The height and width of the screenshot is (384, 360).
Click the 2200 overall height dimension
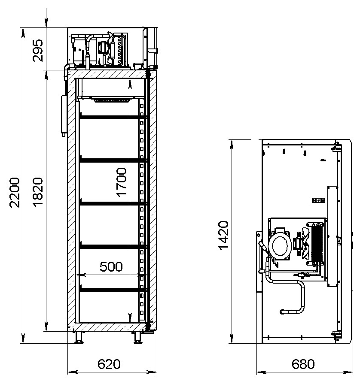(x=15, y=193)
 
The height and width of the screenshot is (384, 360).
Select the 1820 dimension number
(x=38, y=193)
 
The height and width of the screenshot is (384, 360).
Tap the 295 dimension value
(x=38, y=51)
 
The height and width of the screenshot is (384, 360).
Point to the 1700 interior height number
(x=122, y=182)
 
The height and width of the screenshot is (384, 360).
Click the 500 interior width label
(x=111, y=266)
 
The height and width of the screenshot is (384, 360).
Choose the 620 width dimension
(x=109, y=364)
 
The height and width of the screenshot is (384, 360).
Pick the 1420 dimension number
(x=223, y=236)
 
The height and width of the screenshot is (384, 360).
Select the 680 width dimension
(x=303, y=364)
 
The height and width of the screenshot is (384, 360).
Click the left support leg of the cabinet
(x=79, y=338)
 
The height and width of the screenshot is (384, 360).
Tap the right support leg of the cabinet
(x=138, y=338)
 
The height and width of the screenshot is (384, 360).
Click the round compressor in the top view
(x=280, y=246)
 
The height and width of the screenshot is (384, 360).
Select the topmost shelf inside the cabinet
(x=113, y=117)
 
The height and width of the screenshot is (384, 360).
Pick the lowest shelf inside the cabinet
(x=113, y=290)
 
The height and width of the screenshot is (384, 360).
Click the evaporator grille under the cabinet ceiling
(x=112, y=100)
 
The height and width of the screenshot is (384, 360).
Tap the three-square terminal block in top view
(x=318, y=200)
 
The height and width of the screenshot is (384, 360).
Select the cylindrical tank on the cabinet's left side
(x=64, y=115)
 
